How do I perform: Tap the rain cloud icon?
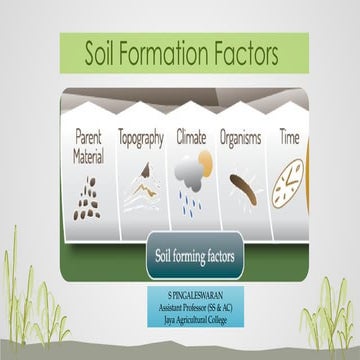point(190,189)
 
